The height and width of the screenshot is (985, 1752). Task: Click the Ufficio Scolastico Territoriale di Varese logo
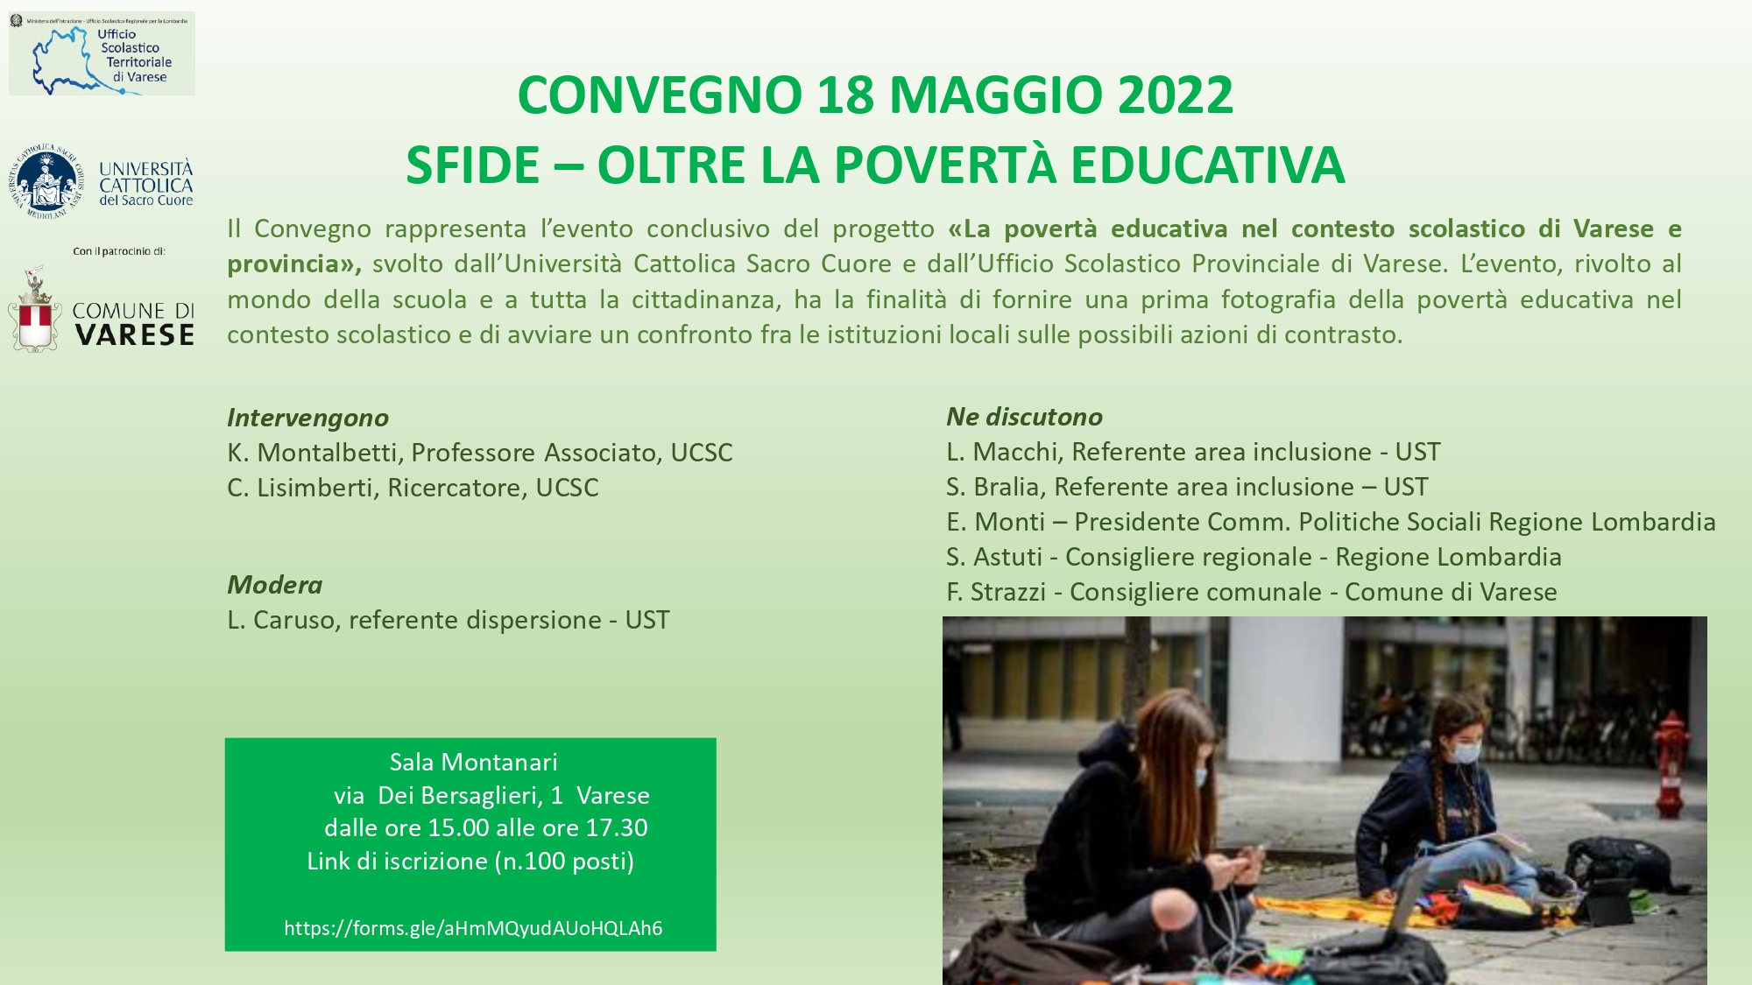(x=102, y=53)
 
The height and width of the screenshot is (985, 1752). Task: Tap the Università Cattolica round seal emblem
(x=46, y=182)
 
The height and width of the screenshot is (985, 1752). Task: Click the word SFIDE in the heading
(x=472, y=165)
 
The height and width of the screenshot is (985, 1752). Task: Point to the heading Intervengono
(x=307, y=418)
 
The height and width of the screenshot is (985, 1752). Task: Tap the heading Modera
(x=274, y=585)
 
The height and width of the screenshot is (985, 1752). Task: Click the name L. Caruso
(x=281, y=620)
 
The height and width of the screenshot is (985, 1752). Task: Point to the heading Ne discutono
(x=1024, y=417)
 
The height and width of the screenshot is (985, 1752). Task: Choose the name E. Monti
(x=995, y=522)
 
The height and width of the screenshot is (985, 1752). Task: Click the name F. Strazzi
(x=996, y=592)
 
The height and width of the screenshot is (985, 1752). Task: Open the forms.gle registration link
(x=473, y=928)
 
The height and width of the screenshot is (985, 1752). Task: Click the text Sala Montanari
(x=473, y=763)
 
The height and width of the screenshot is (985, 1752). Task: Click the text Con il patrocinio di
(x=119, y=251)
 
